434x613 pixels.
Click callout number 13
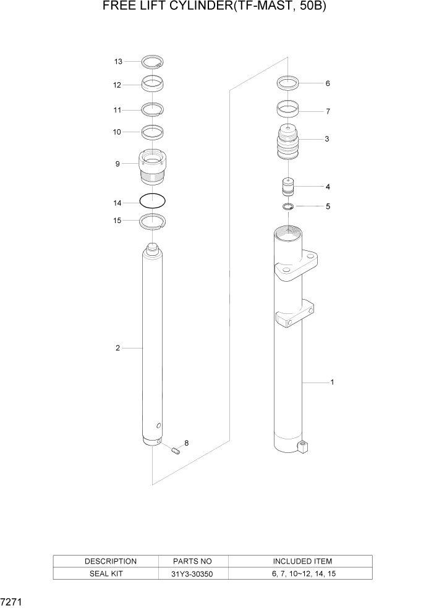pyautogui.click(x=118, y=61)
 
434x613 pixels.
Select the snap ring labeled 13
pyautogui.click(x=152, y=61)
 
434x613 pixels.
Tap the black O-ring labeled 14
pyautogui.click(x=153, y=201)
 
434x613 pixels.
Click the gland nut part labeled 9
pyautogui.click(x=152, y=168)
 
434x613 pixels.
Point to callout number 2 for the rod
pyautogui.click(x=117, y=348)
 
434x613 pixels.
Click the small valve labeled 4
pyautogui.click(x=289, y=187)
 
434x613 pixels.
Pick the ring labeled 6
pyautogui.click(x=289, y=82)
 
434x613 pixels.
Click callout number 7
pyautogui.click(x=327, y=112)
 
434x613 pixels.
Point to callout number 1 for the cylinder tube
pyautogui.click(x=332, y=382)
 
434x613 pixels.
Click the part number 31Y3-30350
pyautogui.click(x=194, y=573)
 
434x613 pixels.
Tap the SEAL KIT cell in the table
pyautogui.click(x=110, y=573)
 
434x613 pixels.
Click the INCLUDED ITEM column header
pyautogui.click(x=302, y=561)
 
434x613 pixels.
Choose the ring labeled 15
pyautogui.click(x=153, y=221)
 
